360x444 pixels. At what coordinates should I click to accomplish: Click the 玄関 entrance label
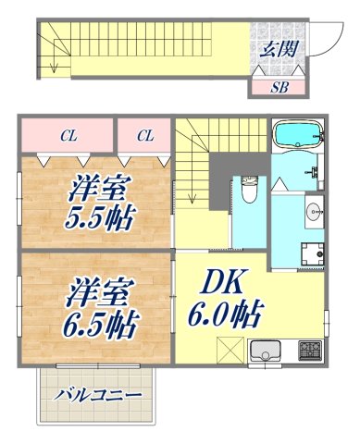(x=278, y=48)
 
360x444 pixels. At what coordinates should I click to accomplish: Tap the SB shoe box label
(x=277, y=88)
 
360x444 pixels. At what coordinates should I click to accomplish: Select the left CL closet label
(x=68, y=135)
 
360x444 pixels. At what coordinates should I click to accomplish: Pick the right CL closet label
(x=144, y=135)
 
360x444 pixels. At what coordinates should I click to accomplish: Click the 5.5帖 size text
(x=101, y=219)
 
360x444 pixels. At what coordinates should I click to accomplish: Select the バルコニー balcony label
(x=97, y=395)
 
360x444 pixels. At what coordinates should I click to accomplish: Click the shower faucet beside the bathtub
(x=317, y=172)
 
